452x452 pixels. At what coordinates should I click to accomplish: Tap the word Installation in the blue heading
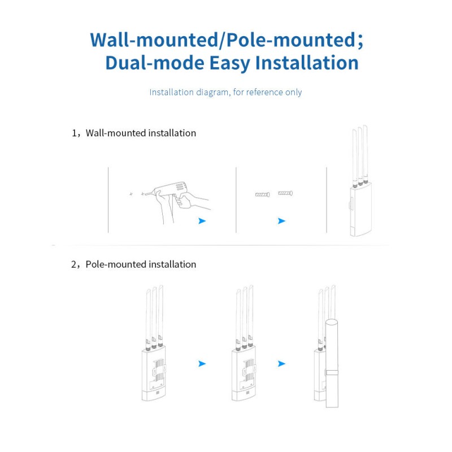(x=307, y=63)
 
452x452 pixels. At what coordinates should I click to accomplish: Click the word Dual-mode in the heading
(x=155, y=63)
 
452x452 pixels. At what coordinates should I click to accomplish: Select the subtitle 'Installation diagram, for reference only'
(x=225, y=92)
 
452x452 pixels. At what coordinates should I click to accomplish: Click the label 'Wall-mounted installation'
(x=141, y=133)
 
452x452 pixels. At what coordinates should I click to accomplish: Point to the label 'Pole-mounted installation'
(x=141, y=264)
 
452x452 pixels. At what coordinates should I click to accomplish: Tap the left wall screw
(x=262, y=194)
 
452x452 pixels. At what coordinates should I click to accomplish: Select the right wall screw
(x=285, y=193)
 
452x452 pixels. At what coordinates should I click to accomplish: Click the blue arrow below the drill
(x=202, y=221)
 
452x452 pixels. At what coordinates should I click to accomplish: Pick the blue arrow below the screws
(x=281, y=221)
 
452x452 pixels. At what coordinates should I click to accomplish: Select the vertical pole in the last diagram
(x=332, y=363)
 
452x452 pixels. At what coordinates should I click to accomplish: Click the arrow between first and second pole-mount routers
(x=202, y=364)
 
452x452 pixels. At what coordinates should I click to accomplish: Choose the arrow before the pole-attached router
(x=281, y=364)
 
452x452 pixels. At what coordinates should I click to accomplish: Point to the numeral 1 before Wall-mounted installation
(x=74, y=133)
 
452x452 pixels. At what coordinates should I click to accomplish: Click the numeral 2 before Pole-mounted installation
(x=74, y=264)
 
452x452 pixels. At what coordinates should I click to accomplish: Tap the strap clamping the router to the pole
(x=332, y=372)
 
